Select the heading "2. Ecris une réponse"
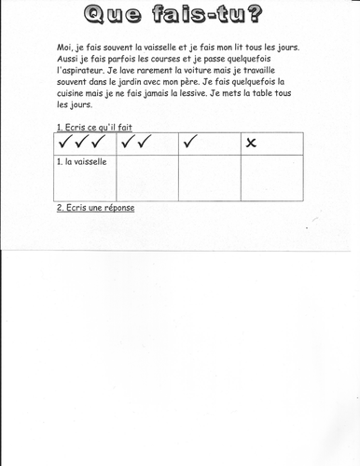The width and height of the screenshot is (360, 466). (x=95, y=207)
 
